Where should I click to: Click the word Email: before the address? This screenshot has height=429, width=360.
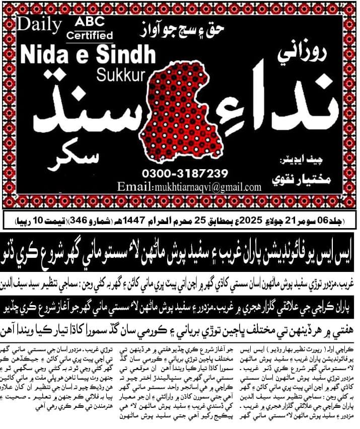tap(133, 187)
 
